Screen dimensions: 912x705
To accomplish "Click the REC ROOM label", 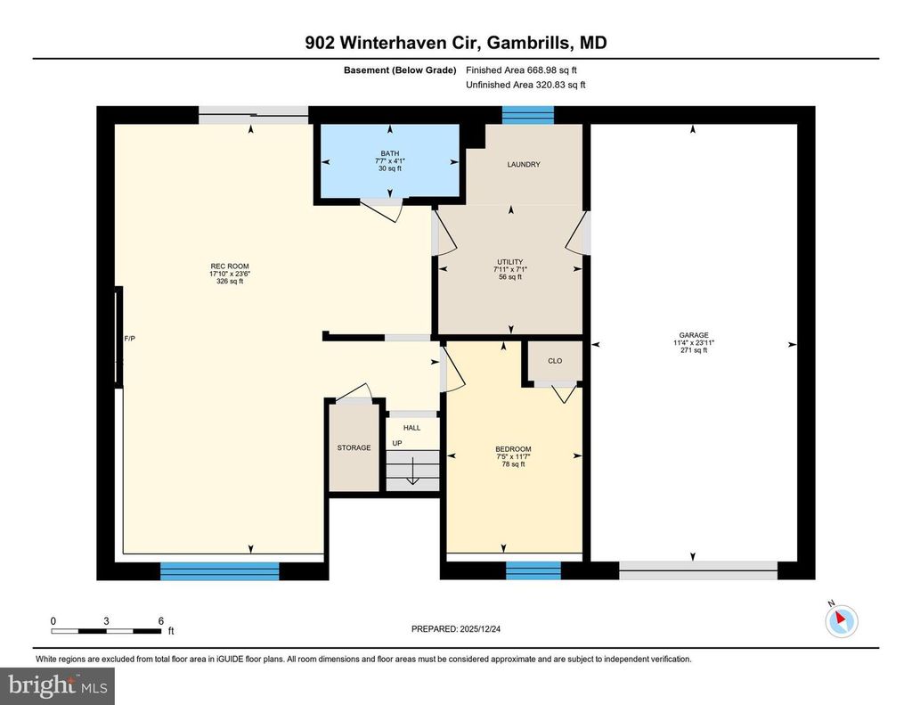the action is [230, 266].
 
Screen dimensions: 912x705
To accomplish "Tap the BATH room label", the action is [390, 153].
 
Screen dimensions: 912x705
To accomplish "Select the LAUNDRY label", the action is [524, 165].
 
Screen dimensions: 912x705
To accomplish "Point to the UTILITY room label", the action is [510, 262].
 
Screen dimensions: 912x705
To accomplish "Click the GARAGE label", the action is [694, 335].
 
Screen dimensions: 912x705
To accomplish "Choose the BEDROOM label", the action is [513, 449].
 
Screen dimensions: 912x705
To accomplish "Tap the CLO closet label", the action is [555, 361].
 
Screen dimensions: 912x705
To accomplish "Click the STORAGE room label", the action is [354, 447].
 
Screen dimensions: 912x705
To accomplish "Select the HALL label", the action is [411, 428].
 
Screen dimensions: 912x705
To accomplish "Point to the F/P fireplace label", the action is [130, 338].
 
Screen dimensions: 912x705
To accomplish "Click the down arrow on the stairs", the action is [413, 471].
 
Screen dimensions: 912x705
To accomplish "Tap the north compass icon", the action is [841, 620].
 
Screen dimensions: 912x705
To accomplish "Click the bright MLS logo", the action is [58, 685].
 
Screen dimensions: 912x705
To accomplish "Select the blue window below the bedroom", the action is [533, 570].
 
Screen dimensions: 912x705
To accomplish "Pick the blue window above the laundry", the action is [528, 115].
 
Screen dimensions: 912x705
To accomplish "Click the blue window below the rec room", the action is [220, 571].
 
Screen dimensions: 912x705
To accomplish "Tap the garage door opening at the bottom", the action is [698, 570].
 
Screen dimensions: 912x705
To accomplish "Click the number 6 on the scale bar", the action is [161, 621].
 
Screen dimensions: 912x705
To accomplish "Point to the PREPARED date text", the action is [456, 628].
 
